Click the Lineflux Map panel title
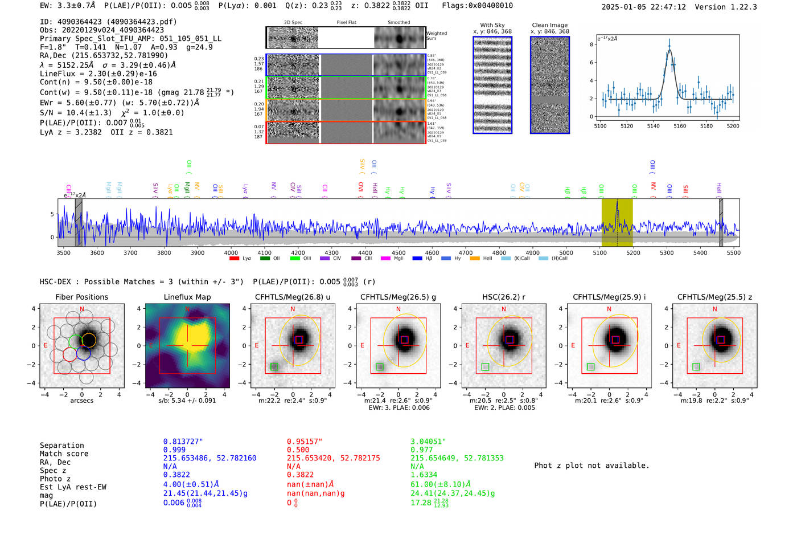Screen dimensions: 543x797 [187, 297]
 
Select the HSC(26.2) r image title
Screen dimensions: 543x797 [503, 297]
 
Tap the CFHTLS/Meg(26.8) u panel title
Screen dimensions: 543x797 [293, 297]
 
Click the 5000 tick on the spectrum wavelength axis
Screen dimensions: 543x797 [566, 253]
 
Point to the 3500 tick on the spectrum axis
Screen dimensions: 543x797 [64, 253]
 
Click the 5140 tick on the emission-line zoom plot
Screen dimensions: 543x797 [653, 126]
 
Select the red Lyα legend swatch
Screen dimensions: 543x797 [234, 259]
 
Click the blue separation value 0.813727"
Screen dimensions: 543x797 [183, 442]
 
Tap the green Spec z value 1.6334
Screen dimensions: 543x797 [424, 475]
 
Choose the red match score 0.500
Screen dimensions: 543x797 [298, 450]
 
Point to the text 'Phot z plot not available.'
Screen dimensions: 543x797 [591, 466]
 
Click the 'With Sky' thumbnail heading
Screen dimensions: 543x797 [492, 25]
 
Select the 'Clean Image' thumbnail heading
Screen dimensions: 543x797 [550, 25]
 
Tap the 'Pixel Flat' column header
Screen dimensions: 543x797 [346, 23]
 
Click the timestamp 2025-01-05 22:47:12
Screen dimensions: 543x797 [643, 7]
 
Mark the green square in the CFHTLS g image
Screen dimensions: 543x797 [380, 367]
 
